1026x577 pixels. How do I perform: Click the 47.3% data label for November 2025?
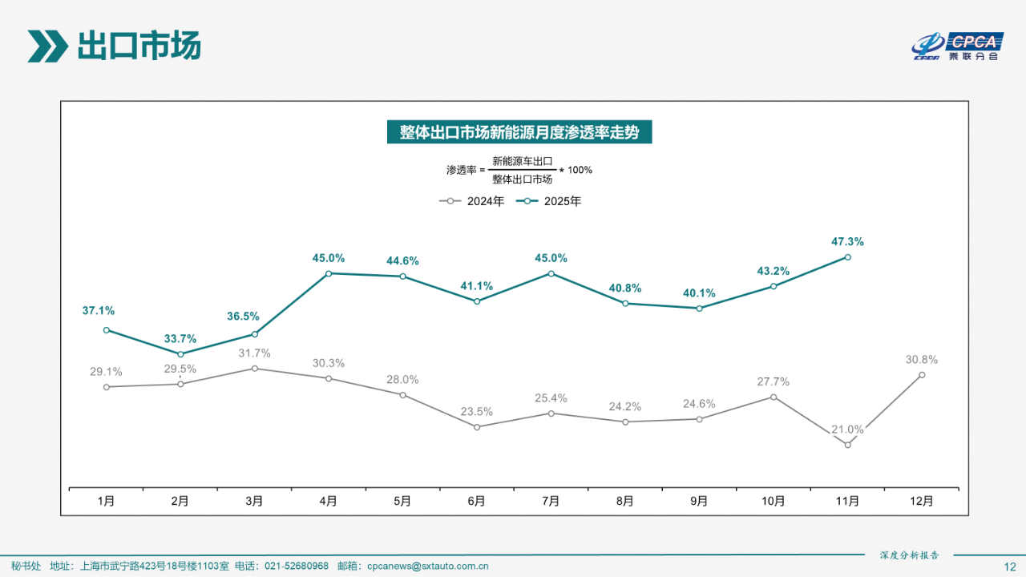point(847,241)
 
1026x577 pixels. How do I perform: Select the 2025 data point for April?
point(329,273)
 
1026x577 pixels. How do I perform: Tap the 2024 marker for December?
point(922,374)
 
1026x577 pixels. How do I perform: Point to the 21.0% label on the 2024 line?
point(847,430)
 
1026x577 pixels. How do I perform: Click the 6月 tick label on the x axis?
point(477,502)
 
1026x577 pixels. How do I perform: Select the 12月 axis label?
point(922,502)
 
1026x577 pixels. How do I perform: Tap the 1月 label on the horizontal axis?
point(106,502)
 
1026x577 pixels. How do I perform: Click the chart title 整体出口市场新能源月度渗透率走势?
point(519,132)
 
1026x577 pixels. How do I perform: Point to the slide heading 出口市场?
point(138,46)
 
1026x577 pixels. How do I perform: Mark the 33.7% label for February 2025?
point(180,339)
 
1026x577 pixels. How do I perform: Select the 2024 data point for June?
point(477,427)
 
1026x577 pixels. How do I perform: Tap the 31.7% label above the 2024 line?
point(254,353)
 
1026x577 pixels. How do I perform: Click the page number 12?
point(1009,567)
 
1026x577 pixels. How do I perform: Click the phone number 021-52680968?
point(297,567)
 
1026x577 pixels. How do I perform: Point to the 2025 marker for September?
point(699,308)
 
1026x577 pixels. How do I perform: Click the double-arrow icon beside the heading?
point(47,46)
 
